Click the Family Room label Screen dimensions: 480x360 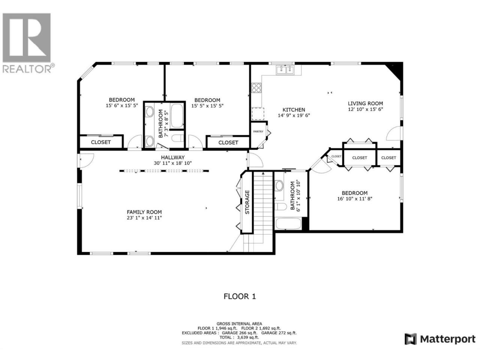click(x=144, y=212)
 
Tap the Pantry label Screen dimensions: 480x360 click(x=258, y=132)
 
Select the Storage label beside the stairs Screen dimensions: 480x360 click(x=247, y=202)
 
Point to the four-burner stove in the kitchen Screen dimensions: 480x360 click(x=256, y=88)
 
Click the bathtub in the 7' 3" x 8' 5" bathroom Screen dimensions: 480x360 click(x=177, y=116)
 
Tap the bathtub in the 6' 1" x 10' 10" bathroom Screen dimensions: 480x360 click(x=288, y=223)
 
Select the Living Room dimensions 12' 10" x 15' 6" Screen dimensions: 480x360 click(x=365, y=109)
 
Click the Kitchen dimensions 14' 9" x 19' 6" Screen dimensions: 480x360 click(x=294, y=115)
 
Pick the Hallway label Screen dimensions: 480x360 click(x=173, y=157)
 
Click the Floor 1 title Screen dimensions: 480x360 click(x=240, y=296)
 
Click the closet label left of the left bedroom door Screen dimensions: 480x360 click(x=101, y=142)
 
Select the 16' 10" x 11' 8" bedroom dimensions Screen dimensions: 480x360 click(x=355, y=199)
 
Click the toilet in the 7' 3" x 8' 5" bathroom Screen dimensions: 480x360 click(x=177, y=138)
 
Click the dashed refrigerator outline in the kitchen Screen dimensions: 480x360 click(x=258, y=114)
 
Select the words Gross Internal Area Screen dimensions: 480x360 click(x=239, y=324)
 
